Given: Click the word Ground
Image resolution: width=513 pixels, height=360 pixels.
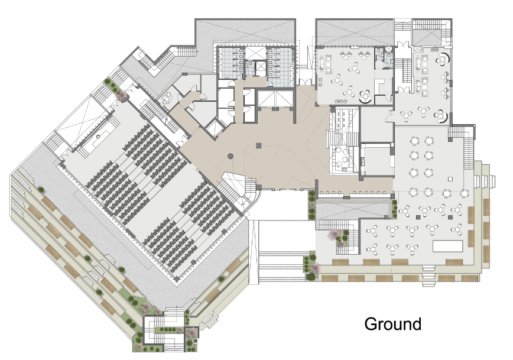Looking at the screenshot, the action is click(x=392, y=324).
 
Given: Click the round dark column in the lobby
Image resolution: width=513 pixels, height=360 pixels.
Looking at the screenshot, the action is click(x=230, y=156).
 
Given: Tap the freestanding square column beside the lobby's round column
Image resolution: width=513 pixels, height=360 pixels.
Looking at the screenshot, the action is click(x=259, y=145).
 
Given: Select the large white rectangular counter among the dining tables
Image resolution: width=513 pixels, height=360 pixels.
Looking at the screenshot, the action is click(x=447, y=246).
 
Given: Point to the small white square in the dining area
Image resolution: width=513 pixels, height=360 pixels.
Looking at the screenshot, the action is click(x=450, y=179).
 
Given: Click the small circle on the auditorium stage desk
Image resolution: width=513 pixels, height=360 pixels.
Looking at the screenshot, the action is click(x=98, y=136).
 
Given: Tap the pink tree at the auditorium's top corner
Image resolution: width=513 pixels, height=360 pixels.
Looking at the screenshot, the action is click(x=122, y=95).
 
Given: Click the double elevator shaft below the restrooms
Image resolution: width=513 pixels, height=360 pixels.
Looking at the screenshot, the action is click(x=275, y=99).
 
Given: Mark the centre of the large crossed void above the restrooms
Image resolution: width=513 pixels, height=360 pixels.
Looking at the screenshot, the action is click(x=245, y=31).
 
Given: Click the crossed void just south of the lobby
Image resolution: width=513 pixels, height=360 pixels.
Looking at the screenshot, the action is click(x=353, y=209).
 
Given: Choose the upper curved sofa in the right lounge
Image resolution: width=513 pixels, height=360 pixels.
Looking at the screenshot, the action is click(x=444, y=59).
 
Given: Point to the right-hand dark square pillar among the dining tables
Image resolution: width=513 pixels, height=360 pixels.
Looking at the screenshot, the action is click(x=450, y=217).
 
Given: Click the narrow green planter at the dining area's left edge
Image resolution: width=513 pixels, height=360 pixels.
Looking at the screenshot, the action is click(x=394, y=209).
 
